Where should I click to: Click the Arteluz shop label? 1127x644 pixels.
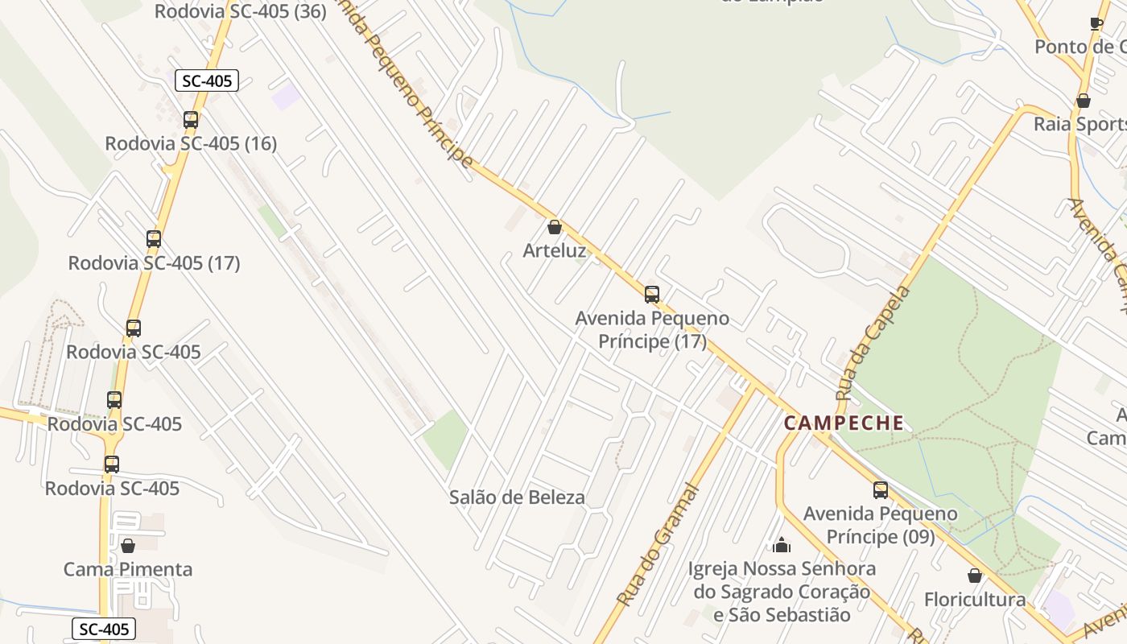(x=555, y=250)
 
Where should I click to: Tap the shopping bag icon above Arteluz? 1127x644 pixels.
(x=554, y=227)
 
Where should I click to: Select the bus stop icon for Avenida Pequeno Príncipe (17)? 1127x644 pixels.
(x=652, y=295)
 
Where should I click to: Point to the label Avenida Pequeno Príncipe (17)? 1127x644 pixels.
(x=652, y=330)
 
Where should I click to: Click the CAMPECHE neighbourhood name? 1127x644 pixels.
(x=844, y=423)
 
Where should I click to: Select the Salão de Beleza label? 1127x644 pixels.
(x=517, y=497)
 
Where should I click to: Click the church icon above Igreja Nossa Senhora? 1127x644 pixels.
(x=781, y=546)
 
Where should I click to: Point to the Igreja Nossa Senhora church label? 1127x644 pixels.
(x=781, y=592)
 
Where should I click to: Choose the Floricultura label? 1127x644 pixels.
(x=975, y=600)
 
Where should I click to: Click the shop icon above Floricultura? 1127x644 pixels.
(x=975, y=576)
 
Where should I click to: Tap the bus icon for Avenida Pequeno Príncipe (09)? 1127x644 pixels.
(x=881, y=489)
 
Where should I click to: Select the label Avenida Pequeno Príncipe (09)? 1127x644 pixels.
(x=881, y=525)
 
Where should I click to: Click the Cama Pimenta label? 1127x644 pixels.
(x=128, y=569)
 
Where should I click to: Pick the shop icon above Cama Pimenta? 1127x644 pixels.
(x=127, y=546)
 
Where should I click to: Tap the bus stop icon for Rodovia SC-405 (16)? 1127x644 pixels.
(x=191, y=120)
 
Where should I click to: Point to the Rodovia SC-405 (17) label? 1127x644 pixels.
(x=154, y=263)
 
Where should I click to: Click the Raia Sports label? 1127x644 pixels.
(x=1080, y=124)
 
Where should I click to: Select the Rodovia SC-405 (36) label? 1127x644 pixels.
(x=240, y=11)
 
